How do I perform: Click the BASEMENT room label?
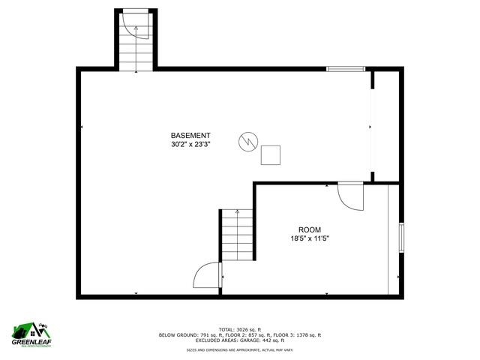tap(190, 135)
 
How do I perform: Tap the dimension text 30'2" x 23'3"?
tap(190, 144)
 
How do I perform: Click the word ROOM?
tap(310, 230)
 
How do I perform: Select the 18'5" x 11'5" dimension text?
tap(310, 239)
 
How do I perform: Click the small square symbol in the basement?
tap(271, 154)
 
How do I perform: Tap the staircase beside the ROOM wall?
tap(238, 234)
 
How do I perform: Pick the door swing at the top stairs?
tap(137, 27)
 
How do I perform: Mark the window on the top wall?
tap(345, 69)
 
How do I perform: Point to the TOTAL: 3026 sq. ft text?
tap(239, 329)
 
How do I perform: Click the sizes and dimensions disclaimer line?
tap(239, 349)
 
